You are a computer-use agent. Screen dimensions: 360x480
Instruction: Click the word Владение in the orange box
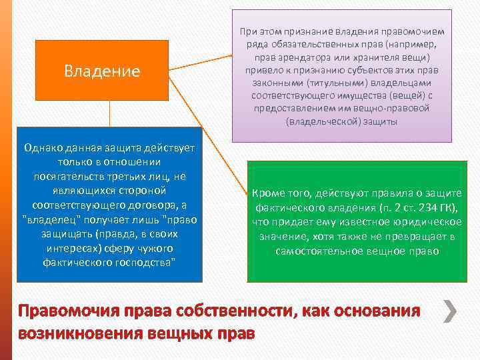[x=102, y=71]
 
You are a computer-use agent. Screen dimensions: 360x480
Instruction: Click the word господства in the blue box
[x=141, y=263]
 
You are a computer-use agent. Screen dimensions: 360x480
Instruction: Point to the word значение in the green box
[x=281, y=237]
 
